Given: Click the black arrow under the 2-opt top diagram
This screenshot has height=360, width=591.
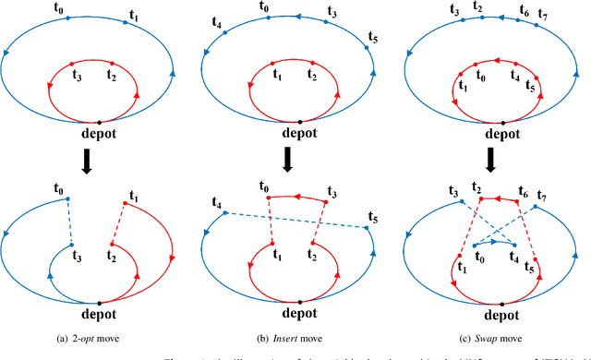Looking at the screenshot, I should click(100, 157).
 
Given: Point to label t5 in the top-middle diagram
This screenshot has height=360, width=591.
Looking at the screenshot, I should click(373, 38).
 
